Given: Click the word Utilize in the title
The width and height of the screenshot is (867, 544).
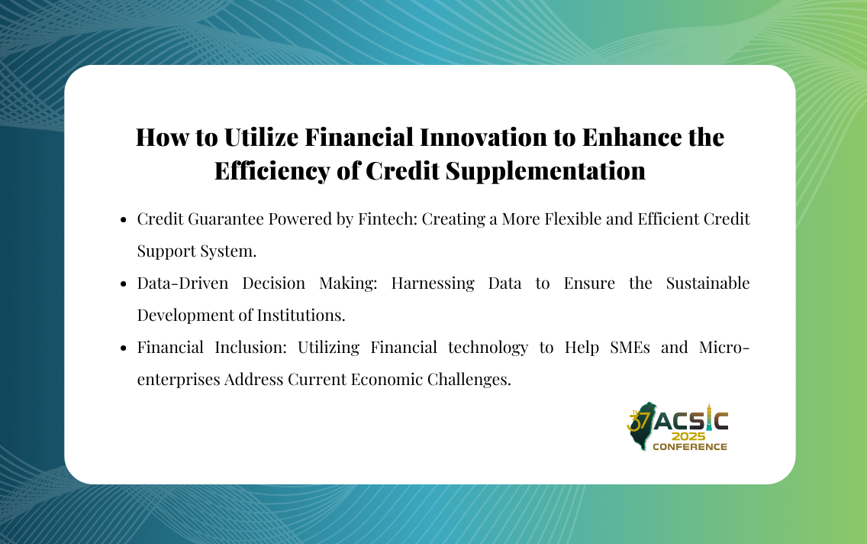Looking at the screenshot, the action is pos(260,138).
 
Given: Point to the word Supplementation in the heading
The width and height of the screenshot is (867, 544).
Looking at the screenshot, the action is pos(545,171).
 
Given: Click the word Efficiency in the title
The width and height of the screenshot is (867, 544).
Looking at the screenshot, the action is pos(272,171).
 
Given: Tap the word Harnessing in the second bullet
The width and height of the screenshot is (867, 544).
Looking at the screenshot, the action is pos(433,283).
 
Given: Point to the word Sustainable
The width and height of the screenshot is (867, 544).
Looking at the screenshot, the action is pos(707,283).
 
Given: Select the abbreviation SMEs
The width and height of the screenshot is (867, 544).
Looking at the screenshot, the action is pos(630,348).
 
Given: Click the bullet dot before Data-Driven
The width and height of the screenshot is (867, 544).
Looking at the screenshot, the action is pos(124,284).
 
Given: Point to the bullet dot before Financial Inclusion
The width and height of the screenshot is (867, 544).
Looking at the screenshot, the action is pos(124,348).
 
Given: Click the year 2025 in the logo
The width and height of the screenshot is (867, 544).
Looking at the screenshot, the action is pos(688,436).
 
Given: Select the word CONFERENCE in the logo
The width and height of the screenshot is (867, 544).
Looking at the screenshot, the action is pos(689,447).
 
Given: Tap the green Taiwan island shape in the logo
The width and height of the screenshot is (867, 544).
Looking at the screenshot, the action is pos(643,426).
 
